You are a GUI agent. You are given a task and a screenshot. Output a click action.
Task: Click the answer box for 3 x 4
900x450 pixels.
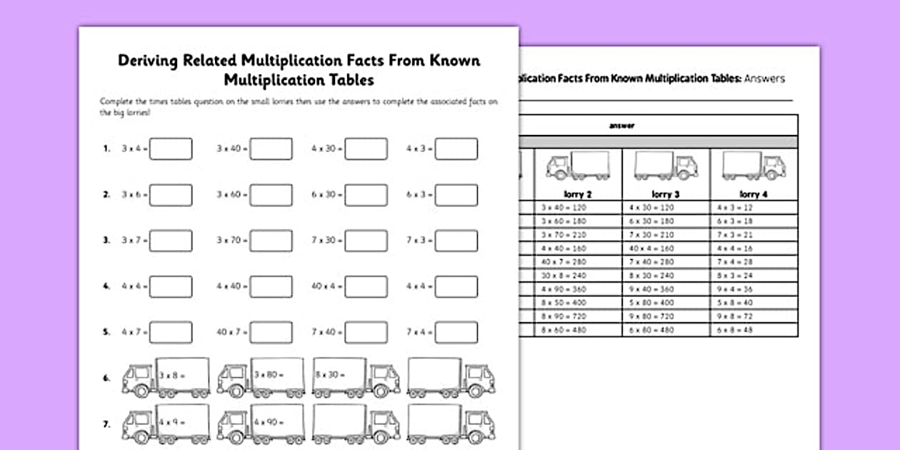[171, 149]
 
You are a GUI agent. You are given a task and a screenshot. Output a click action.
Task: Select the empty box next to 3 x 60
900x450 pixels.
[271, 194]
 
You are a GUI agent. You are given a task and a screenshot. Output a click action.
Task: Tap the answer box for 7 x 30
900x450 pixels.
[366, 240]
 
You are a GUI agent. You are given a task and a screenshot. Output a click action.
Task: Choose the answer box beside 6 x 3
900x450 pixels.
[456, 194]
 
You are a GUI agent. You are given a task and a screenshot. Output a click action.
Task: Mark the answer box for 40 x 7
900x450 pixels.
[271, 332]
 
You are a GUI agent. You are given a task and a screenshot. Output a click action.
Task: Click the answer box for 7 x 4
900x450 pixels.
[456, 332]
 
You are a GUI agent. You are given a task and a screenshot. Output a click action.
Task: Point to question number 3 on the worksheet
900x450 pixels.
[106, 241]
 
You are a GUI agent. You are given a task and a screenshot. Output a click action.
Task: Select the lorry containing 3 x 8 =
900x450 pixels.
[166, 377]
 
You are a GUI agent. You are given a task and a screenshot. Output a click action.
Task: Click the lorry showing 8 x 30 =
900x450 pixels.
[356, 377]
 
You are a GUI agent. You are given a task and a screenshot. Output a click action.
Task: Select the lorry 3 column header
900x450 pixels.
[665, 194]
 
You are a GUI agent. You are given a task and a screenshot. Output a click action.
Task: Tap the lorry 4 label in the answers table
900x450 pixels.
[753, 194]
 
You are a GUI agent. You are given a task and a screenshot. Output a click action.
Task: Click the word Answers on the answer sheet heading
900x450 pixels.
[764, 79]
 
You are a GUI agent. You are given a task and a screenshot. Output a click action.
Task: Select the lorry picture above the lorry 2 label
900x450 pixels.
[577, 166]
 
